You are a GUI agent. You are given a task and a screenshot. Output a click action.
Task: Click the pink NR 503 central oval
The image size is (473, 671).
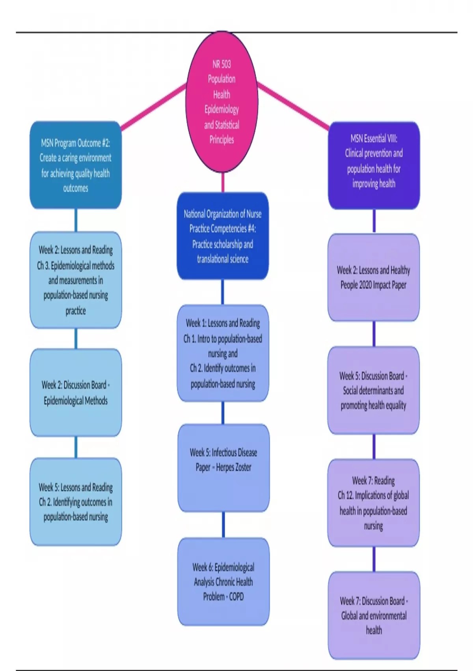click(x=222, y=102)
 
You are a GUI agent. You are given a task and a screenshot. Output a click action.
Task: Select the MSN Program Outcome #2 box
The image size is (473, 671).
click(x=76, y=165)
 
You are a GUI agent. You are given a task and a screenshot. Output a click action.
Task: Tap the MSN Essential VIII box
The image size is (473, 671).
click(x=374, y=165)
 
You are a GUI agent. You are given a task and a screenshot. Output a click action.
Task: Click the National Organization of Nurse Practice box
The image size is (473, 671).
click(x=223, y=236)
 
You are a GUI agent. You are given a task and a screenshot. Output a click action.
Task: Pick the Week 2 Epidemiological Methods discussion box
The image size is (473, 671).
click(x=76, y=392)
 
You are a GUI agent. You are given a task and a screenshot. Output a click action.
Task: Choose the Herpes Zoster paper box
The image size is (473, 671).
click(x=223, y=468)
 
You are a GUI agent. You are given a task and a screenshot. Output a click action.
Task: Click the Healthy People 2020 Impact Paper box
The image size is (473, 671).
click(x=374, y=277)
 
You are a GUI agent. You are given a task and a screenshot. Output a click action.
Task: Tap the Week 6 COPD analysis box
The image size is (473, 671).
click(x=223, y=581)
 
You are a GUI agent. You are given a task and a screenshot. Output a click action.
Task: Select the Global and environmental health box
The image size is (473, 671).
click(x=374, y=615)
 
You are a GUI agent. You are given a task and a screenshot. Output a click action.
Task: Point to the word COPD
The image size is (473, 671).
click(x=236, y=597)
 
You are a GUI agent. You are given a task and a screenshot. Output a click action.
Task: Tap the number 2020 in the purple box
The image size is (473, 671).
click(x=365, y=285)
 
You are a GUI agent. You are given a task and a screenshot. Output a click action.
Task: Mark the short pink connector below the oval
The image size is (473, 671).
click(x=223, y=182)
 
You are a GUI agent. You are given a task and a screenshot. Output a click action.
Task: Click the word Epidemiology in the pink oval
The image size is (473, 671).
click(x=222, y=109)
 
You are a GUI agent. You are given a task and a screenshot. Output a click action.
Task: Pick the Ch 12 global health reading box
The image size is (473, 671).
click(x=374, y=503)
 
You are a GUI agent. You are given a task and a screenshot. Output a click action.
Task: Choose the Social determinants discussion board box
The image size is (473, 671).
click(x=374, y=390)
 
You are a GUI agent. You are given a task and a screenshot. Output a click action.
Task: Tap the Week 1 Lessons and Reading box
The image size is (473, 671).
click(x=223, y=353)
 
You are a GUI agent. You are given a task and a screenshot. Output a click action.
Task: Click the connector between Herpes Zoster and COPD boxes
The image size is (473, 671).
click(x=223, y=525)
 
